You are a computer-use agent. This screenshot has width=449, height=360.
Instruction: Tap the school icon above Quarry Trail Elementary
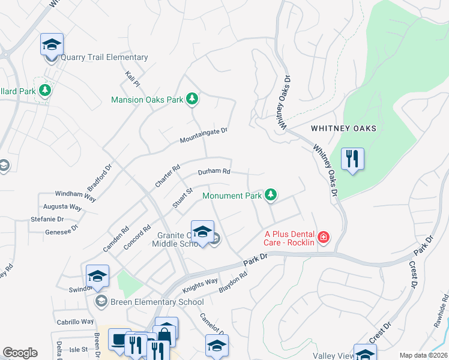click(x=52, y=44)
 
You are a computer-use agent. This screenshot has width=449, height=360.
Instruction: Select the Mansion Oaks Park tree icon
click(x=191, y=98)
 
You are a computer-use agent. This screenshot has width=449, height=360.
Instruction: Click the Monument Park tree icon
click(x=271, y=194)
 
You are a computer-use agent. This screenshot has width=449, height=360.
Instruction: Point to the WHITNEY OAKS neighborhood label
click(x=343, y=128)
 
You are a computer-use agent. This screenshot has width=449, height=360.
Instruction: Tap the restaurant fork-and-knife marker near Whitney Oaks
click(x=352, y=159)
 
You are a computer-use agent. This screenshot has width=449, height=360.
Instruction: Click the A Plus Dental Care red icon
click(x=324, y=237)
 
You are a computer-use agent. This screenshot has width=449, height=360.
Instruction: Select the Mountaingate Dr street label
click(x=205, y=135)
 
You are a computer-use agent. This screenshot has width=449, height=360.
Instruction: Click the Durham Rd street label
click(x=214, y=172)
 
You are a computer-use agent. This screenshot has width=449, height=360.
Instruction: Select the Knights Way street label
click(x=200, y=282)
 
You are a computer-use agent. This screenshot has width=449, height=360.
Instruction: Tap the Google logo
click(x=20, y=353)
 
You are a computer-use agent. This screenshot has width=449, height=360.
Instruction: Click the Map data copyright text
click(x=423, y=355)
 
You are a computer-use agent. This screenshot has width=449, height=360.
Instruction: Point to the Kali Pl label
click(x=133, y=78)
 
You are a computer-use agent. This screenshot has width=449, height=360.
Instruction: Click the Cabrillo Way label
click(x=76, y=322)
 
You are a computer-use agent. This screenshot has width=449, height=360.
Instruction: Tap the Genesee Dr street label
click(x=62, y=230)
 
